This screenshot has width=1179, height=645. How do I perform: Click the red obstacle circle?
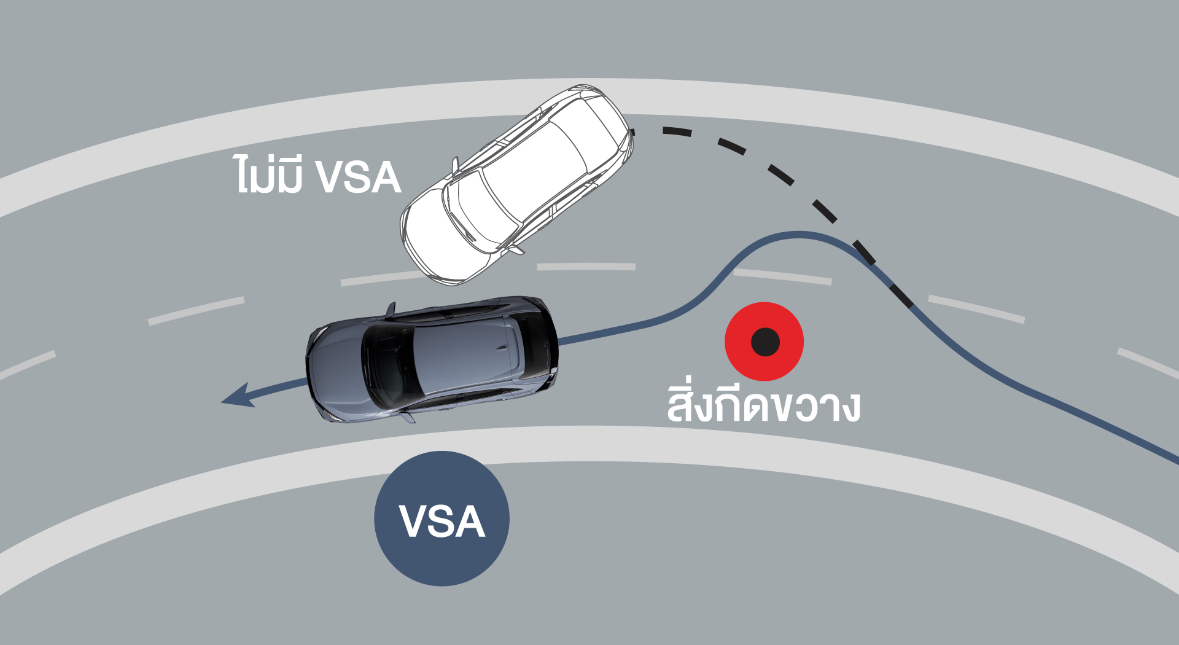pos(764,342)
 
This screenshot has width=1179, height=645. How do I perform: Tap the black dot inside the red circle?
pos(765,342)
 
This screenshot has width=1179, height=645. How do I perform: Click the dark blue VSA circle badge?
pos(442,518)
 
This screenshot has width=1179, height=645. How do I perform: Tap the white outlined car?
pos(517,185)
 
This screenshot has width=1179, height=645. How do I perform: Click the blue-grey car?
pos(432,359)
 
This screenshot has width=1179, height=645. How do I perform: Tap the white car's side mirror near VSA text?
pos(455,165)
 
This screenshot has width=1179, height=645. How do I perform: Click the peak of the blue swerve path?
pos(798,234)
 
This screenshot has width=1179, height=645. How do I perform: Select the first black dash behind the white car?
pos(677,131)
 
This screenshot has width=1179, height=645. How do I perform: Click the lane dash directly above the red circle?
pos(782,276)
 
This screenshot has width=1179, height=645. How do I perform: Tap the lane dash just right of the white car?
pos(586,267)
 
